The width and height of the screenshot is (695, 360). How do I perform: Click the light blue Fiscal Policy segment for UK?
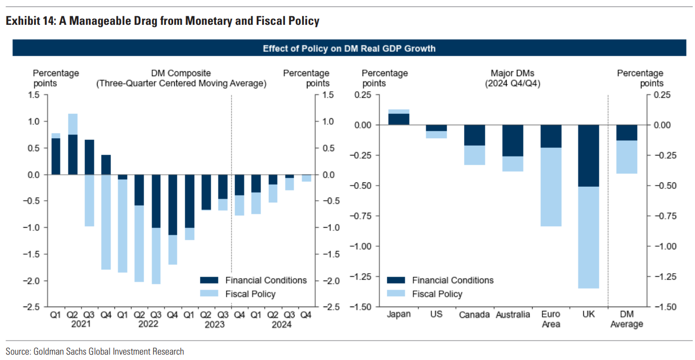(588, 237)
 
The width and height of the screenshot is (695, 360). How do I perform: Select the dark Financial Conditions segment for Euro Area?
(550, 136)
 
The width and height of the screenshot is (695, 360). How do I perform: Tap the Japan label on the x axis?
(399, 314)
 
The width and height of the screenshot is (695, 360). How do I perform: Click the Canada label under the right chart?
(475, 315)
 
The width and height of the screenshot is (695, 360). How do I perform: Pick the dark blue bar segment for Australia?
(513, 140)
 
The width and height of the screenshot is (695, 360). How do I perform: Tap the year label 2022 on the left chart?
(148, 324)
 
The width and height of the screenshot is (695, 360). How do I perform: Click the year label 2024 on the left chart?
(281, 324)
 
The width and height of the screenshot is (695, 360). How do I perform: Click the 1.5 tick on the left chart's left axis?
(34, 95)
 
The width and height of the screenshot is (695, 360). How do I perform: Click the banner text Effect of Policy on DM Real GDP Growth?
(349, 49)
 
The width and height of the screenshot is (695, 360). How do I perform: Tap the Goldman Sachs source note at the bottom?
(95, 351)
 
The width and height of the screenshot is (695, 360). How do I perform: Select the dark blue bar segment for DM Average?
(626, 133)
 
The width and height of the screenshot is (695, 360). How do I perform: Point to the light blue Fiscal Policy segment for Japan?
(399, 112)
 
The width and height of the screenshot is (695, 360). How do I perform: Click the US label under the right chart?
(437, 314)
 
